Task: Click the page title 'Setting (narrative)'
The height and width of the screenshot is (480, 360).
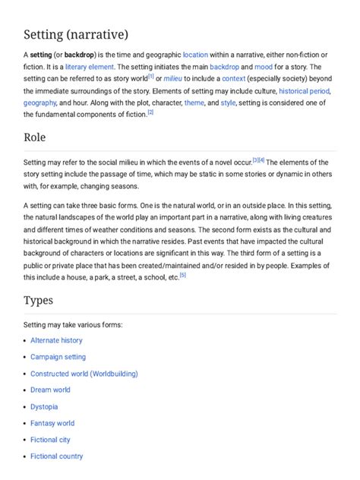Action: [x=75, y=35]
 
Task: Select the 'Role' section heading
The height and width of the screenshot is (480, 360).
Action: [x=35, y=137]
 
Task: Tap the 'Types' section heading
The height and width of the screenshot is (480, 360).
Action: [x=38, y=301]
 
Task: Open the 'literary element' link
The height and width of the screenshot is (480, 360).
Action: [x=90, y=67]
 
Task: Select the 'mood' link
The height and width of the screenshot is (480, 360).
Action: [x=267, y=67]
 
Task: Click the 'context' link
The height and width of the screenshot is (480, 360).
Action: [x=234, y=79]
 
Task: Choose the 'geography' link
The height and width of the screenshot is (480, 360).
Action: [x=39, y=103]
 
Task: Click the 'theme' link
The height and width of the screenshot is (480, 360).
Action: [x=194, y=103]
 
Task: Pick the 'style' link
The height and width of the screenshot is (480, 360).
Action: [x=228, y=103]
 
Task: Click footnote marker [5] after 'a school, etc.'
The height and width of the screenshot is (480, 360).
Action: [x=182, y=275]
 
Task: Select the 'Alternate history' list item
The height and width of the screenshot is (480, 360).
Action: [x=56, y=341]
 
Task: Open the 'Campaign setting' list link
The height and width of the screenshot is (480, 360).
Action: [x=58, y=357]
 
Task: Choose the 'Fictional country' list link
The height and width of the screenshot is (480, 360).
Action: [x=57, y=456]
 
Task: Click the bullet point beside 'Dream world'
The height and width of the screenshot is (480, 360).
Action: [x=24, y=390]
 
